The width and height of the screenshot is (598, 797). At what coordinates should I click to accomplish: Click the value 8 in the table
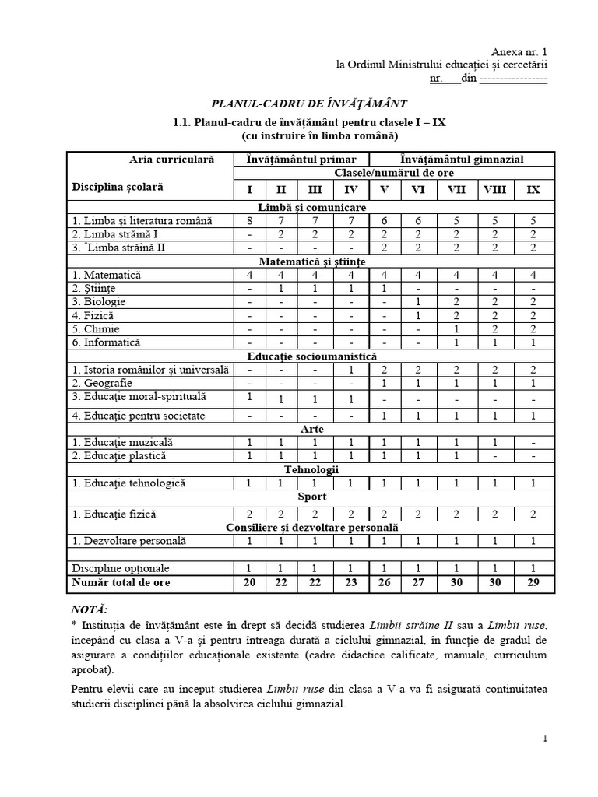250,221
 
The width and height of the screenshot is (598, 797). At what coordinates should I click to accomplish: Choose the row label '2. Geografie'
102,383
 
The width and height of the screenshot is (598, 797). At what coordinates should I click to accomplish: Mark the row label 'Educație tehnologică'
128,483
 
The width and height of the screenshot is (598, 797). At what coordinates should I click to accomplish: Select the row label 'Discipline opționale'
121,568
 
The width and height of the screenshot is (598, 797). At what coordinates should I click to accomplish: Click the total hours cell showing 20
250,583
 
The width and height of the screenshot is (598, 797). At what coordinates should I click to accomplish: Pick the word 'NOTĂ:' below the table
90,609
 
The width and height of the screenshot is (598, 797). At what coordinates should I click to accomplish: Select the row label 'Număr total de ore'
121,583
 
